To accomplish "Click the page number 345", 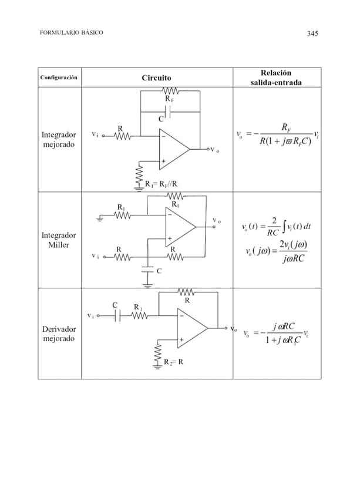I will click(312, 33).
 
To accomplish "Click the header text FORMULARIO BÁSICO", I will click(71, 33).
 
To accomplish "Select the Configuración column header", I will click(59, 78).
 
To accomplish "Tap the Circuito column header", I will click(156, 78).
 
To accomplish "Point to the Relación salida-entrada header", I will click(276, 78).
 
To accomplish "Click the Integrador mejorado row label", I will click(59, 140).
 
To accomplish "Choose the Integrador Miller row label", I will click(59, 240).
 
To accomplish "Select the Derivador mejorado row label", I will click(59, 334).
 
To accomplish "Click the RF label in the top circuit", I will click(169, 100).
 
